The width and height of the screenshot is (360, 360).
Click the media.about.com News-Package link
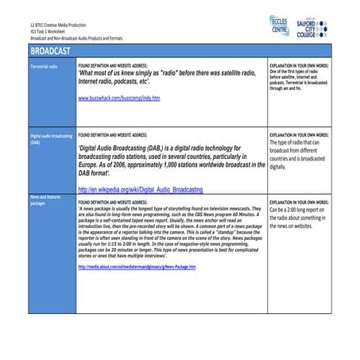(137, 266)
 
